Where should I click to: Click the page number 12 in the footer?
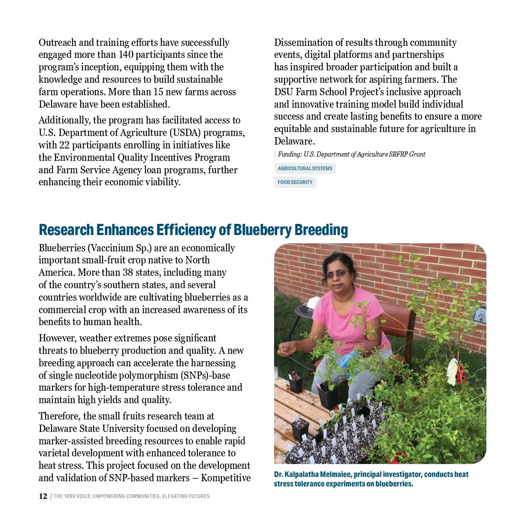(43, 496)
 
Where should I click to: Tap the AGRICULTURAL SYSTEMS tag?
(305, 169)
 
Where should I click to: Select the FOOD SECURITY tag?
(295, 182)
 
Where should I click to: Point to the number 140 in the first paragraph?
(126, 55)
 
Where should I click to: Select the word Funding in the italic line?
(290, 154)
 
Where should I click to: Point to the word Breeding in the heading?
(321, 230)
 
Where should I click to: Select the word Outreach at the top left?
(57, 43)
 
